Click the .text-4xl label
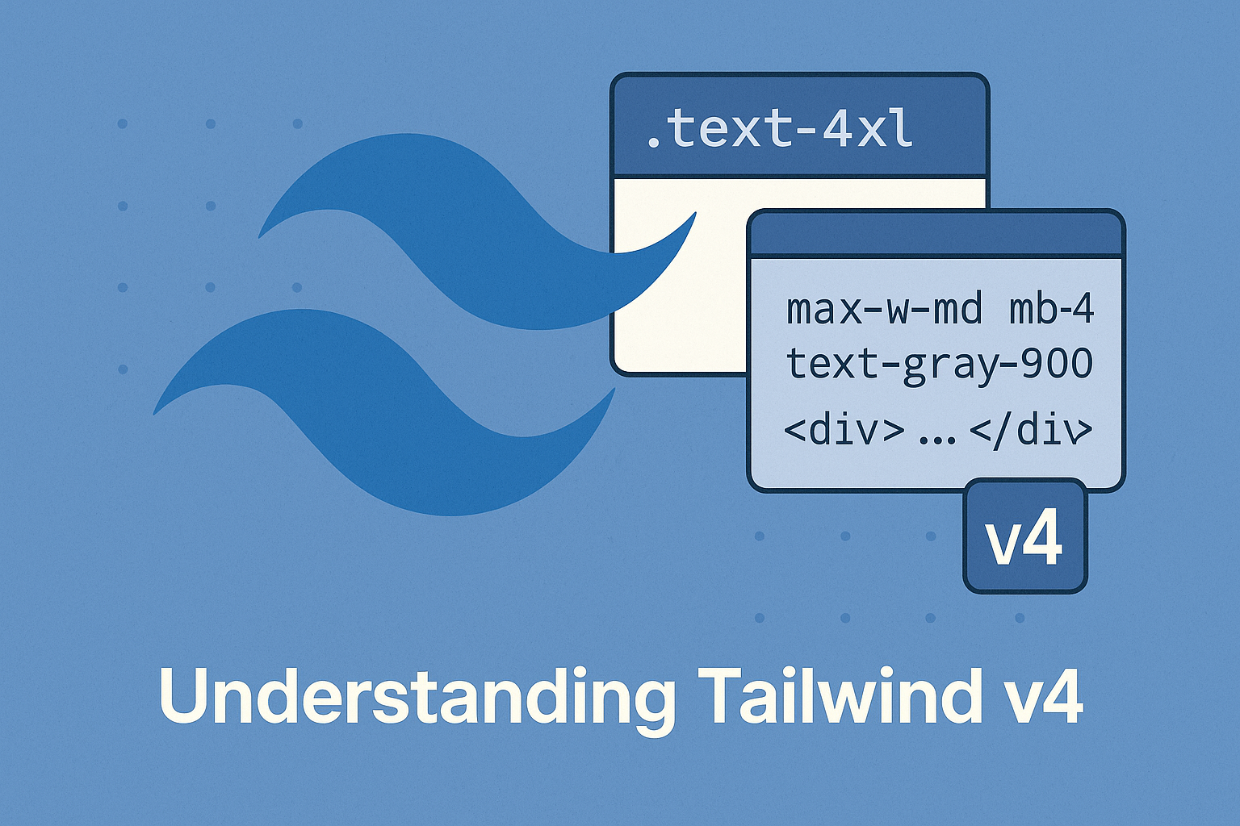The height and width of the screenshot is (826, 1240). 780,129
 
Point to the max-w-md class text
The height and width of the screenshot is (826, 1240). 884,310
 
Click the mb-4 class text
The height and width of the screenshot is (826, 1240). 1052,310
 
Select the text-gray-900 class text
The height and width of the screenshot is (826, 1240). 939,364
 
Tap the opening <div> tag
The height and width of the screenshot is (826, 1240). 844,431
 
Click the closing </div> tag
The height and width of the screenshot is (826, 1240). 1031,431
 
